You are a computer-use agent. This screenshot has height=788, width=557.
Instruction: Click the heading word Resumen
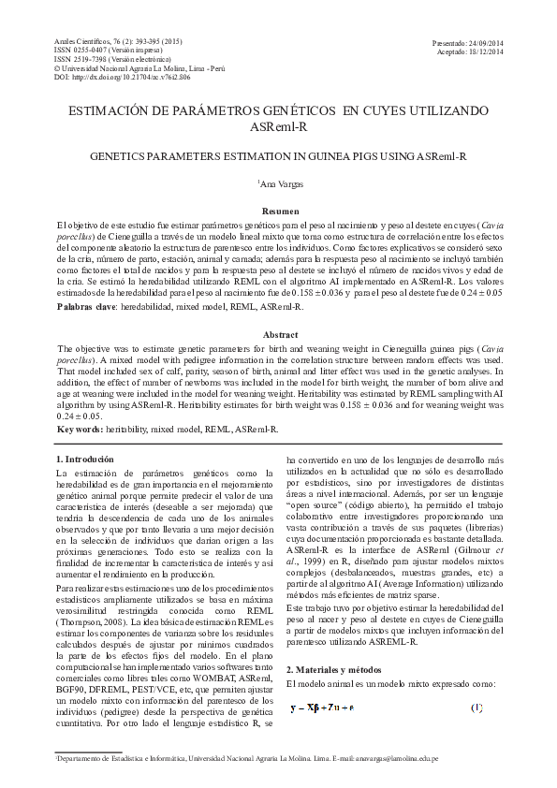280,212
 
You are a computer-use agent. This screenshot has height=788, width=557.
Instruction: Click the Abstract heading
280,334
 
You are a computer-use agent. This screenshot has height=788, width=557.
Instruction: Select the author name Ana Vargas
280,183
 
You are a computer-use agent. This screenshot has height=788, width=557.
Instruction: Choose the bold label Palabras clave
87,306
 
